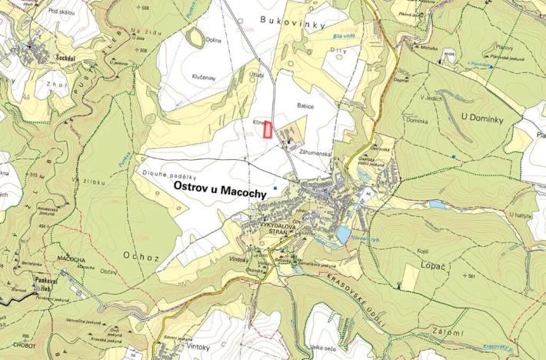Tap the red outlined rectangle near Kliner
[x=268, y=128]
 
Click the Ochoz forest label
[x=139, y=255]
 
